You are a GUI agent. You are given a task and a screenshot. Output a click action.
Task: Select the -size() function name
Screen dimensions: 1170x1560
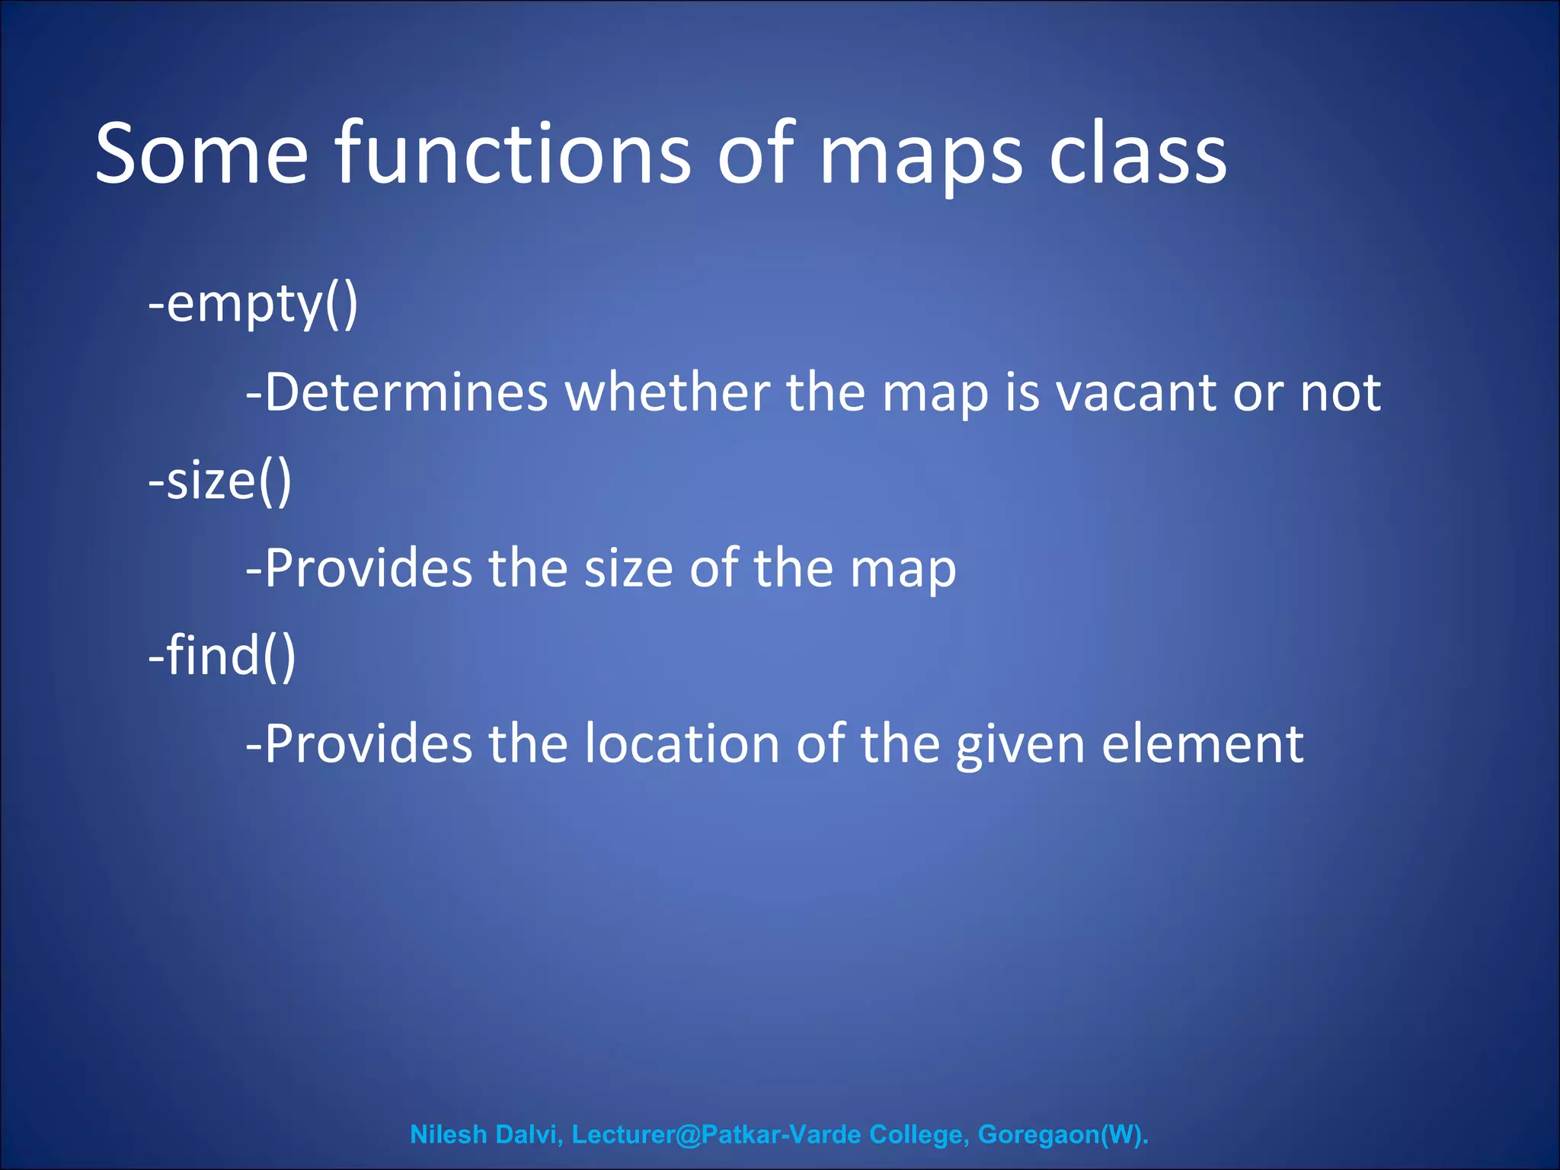click(220, 481)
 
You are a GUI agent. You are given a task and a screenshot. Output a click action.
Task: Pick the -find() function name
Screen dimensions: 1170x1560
click(222, 656)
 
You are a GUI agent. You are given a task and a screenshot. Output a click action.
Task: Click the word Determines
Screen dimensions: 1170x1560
click(397, 393)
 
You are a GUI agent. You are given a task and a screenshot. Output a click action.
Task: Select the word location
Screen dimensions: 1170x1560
click(682, 744)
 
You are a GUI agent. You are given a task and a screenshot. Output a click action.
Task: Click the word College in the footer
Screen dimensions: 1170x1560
click(919, 1134)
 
